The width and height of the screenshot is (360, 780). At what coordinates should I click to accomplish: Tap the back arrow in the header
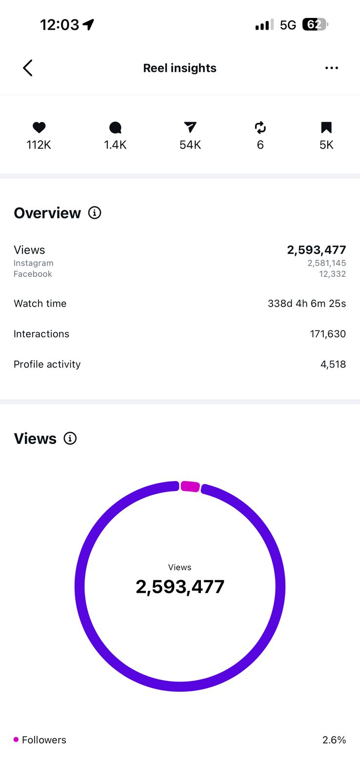pyautogui.click(x=28, y=68)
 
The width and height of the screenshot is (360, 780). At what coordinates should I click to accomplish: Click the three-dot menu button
pyautogui.click(x=331, y=68)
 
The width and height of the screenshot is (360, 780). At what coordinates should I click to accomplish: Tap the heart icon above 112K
pyautogui.click(x=39, y=127)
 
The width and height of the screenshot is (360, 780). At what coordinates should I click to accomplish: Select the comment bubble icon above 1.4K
pyautogui.click(x=115, y=128)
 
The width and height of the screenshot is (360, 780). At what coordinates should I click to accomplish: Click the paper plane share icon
pyautogui.click(x=190, y=127)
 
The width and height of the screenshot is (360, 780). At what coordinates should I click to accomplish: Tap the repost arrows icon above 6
pyautogui.click(x=260, y=128)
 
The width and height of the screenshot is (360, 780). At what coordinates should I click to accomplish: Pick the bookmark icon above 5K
pyautogui.click(x=326, y=127)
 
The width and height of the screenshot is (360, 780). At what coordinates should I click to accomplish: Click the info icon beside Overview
pyautogui.click(x=95, y=213)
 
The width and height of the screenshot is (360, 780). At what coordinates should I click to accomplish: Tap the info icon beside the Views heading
pyautogui.click(x=70, y=438)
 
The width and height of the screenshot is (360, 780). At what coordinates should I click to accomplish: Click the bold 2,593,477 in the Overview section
pyautogui.click(x=317, y=250)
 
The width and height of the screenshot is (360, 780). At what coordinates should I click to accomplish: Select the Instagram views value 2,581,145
pyautogui.click(x=326, y=263)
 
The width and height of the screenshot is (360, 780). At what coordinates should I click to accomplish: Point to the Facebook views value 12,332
pyautogui.click(x=333, y=274)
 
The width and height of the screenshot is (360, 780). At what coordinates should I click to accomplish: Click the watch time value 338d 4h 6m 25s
pyautogui.click(x=307, y=304)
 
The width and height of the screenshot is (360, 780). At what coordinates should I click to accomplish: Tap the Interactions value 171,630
pyautogui.click(x=328, y=334)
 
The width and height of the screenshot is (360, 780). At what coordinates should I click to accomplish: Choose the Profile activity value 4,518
pyautogui.click(x=333, y=364)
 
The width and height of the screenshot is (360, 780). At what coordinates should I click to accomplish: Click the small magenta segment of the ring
pyautogui.click(x=190, y=487)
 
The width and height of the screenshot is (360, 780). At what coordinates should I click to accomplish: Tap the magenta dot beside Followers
pyautogui.click(x=16, y=740)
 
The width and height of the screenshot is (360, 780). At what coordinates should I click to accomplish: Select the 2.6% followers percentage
pyautogui.click(x=334, y=740)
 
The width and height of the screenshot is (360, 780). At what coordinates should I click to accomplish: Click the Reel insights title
pyautogui.click(x=180, y=68)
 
